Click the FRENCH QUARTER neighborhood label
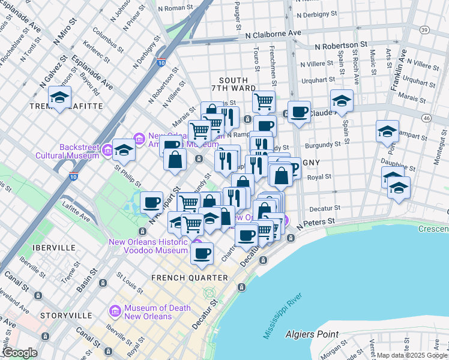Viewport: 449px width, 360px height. (x=189, y=278)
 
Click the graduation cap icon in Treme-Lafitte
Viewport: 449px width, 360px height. (x=60, y=97)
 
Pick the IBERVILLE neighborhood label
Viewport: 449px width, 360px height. (x=55, y=247)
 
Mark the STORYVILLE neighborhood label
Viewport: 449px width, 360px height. (x=66, y=316)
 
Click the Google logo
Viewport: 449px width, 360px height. (x=19, y=353)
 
